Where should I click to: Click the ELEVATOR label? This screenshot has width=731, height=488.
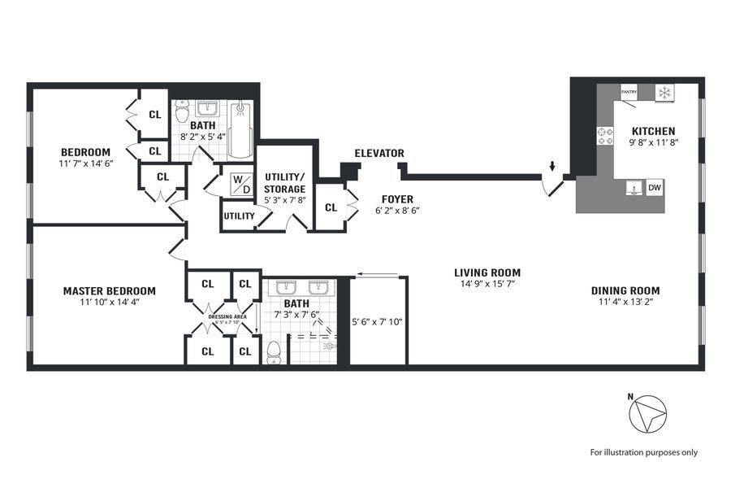click(x=378, y=153)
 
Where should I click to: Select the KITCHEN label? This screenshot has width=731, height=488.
click(x=654, y=131)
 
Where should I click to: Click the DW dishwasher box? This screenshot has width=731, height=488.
click(x=655, y=189)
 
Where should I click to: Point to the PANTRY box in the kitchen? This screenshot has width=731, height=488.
click(x=629, y=92)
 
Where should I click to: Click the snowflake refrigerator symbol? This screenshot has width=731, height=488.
click(x=664, y=93)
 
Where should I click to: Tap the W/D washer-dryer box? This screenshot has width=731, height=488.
click(x=241, y=184)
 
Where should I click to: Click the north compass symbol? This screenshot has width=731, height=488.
click(x=648, y=415)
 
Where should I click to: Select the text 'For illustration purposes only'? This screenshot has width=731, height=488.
click(x=643, y=452)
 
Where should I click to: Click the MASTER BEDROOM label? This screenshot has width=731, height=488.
click(x=110, y=290)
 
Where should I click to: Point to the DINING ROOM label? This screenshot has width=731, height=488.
click(x=625, y=290)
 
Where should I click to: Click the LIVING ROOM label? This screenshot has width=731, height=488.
click(x=487, y=272)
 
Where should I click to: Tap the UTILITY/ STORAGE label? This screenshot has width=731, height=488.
click(x=284, y=183)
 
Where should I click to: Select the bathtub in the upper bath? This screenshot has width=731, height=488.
click(x=241, y=130)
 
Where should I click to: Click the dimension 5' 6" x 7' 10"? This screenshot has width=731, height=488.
click(x=378, y=321)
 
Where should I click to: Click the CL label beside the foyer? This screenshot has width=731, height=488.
click(x=331, y=207)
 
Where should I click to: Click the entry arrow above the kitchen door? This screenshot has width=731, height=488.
click(x=552, y=168)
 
